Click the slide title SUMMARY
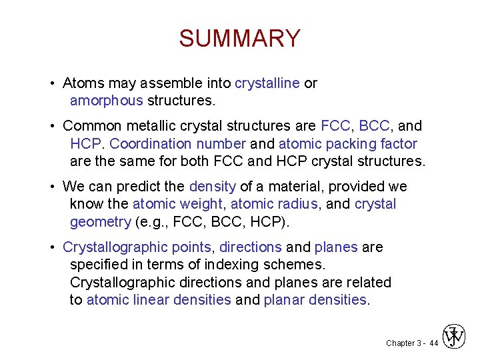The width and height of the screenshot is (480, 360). tap(239, 38)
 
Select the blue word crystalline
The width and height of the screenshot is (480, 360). tap(267, 83)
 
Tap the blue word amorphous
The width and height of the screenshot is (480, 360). tap(106, 101)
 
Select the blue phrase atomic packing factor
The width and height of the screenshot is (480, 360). tap(347, 143)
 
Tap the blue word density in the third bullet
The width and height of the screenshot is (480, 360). tap(213, 187)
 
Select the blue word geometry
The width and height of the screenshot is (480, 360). tap(100, 221)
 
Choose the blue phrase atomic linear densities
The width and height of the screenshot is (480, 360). tap(159, 299)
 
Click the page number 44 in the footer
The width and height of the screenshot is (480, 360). tap(434, 343)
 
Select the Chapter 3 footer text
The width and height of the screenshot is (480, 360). tap(403, 343)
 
